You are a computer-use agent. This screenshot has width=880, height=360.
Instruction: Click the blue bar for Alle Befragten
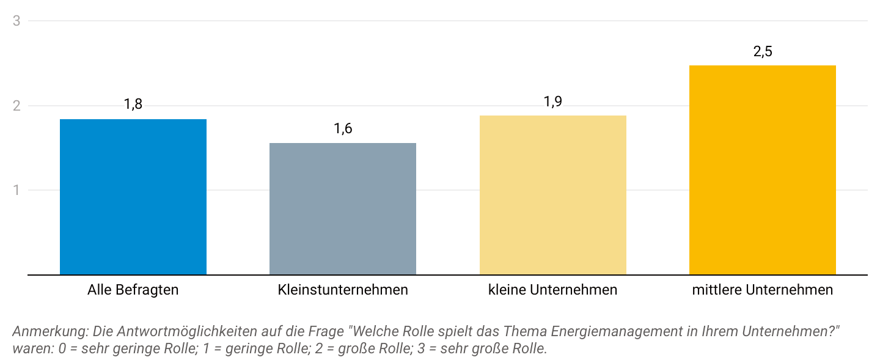pyautogui.click(x=133, y=197)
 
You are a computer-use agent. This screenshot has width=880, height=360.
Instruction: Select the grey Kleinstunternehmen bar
pyautogui.click(x=343, y=209)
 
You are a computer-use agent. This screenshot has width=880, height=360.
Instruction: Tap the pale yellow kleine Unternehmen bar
pyautogui.click(x=552, y=195)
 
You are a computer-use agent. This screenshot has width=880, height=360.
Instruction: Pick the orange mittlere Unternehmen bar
pyautogui.click(x=762, y=170)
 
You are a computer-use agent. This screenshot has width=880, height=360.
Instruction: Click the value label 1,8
pyautogui.click(x=133, y=104)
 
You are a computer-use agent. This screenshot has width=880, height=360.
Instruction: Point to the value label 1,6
pyautogui.click(x=343, y=128)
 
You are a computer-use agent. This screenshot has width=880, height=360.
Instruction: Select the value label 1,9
pyautogui.click(x=553, y=101)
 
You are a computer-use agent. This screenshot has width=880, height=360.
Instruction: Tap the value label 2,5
pyautogui.click(x=763, y=51)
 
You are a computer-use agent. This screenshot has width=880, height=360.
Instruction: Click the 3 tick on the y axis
pyautogui.click(x=17, y=21)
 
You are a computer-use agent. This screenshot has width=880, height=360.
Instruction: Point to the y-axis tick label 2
pyautogui.click(x=17, y=106)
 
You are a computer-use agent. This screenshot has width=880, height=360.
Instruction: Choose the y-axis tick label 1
pyautogui.click(x=17, y=190)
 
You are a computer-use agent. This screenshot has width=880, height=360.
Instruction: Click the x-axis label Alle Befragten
pyautogui.click(x=133, y=290)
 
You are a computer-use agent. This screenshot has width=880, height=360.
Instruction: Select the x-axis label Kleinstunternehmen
pyautogui.click(x=343, y=290)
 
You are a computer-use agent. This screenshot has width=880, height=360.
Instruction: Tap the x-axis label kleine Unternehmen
pyautogui.click(x=552, y=290)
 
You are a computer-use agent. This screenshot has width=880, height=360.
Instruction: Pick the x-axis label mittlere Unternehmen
pyautogui.click(x=762, y=290)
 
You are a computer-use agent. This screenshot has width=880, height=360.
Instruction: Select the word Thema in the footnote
pyautogui.click(x=530, y=332)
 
